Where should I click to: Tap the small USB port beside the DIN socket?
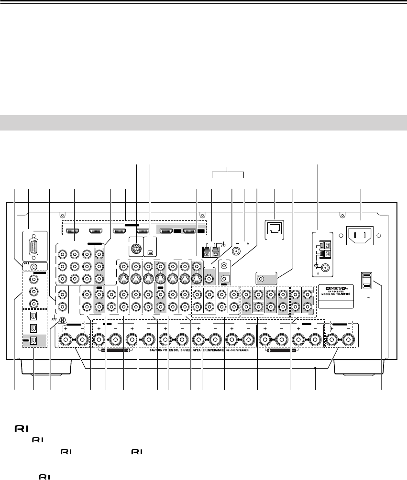[150, 250]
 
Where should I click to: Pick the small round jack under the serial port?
[32, 265]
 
